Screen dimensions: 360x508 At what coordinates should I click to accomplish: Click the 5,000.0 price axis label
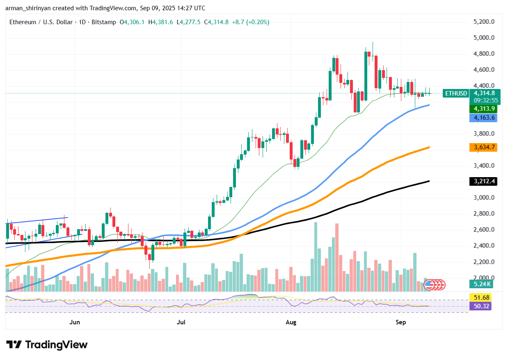pos(483,38)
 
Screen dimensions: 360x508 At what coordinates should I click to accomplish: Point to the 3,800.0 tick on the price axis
pos(483,134)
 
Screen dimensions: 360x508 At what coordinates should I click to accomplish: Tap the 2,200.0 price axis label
pos(483,262)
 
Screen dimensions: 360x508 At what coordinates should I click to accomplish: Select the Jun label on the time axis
pos(75,322)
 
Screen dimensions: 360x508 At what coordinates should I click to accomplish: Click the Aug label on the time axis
pos(291,322)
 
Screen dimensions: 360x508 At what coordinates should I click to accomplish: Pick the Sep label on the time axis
pos(401,322)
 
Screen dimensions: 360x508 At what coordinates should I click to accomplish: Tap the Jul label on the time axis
pos(181,322)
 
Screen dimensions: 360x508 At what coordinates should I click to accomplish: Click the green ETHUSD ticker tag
pos(456,93)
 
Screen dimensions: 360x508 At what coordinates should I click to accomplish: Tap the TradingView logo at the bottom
pos(47,345)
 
